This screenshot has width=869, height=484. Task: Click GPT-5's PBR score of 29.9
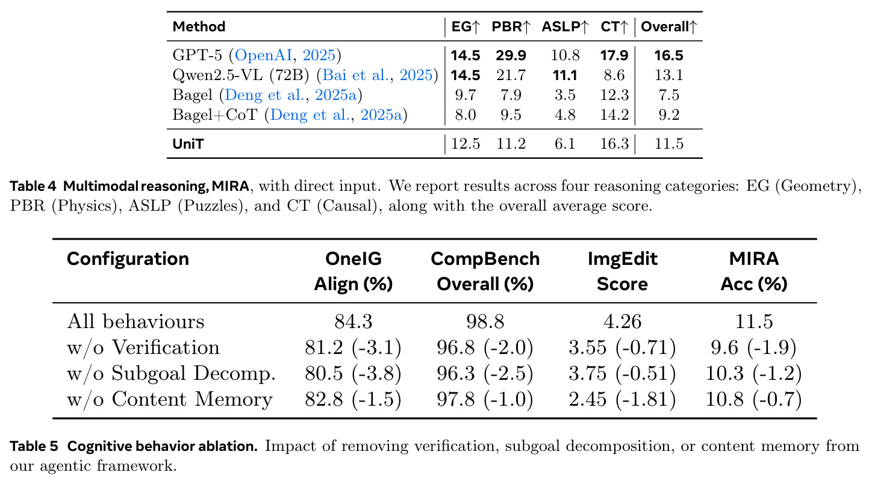[511, 55]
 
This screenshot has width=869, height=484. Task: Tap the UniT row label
[188, 144]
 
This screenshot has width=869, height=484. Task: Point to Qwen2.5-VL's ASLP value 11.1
[565, 75]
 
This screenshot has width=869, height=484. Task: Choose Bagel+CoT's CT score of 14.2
[614, 115]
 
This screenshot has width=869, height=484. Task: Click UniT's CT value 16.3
[614, 144]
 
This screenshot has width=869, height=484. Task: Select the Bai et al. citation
[377, 75]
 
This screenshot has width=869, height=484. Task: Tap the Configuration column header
[128, 259]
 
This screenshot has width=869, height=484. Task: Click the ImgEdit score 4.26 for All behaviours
[622, 321]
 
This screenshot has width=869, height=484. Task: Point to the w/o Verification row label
[143, 347]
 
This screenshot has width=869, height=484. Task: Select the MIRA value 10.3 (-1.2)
[753, 373]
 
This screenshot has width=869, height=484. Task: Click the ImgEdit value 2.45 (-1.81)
[622, 399]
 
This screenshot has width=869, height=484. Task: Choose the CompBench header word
[485, 259]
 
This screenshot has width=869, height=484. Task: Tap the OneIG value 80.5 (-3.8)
[353, 373]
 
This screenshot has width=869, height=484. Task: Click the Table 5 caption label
[34, 446]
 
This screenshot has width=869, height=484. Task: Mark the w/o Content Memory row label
[170, 399]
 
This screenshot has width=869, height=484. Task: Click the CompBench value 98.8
[485, 321]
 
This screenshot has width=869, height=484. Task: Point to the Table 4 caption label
[33, 186]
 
